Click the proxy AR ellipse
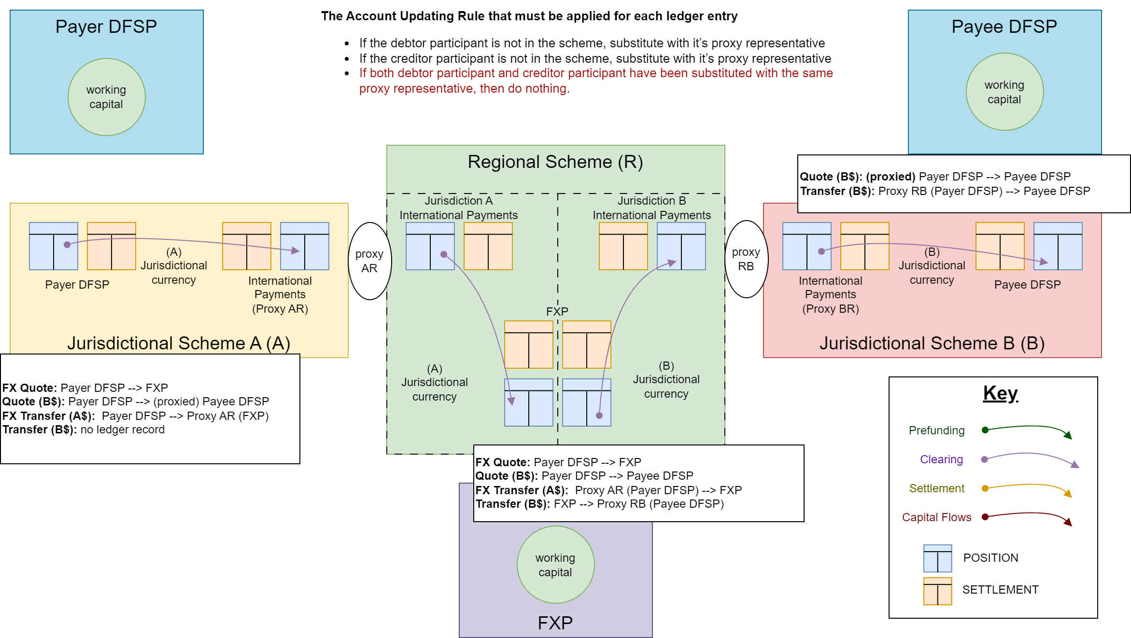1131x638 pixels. (369, 261)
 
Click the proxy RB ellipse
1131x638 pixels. (746, 259)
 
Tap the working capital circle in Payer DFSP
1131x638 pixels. (106, 97)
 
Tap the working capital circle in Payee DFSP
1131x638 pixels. (1004, 92)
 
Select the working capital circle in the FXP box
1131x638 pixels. (555, 565)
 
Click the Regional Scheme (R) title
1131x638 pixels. (555, 162)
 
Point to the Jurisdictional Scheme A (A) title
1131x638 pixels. (179, 343)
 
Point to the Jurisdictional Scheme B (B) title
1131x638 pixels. (932, 343)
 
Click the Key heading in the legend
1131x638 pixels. (1001, 393)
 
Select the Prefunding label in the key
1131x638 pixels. (936, 430)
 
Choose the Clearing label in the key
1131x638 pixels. (941, 459)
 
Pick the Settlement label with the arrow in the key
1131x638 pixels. (936, 488)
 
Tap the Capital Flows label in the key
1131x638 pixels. (936, 517)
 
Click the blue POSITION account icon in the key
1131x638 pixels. (937, 558)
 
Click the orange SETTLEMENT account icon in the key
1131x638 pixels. (937, 591)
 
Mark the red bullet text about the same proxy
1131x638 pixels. (595, 81)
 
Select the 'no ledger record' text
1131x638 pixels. (122, 430)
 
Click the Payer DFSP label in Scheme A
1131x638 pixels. (77, 285)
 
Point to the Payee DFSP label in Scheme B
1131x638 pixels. (1027, 285)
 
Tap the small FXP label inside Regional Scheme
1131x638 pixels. (557, 312)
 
